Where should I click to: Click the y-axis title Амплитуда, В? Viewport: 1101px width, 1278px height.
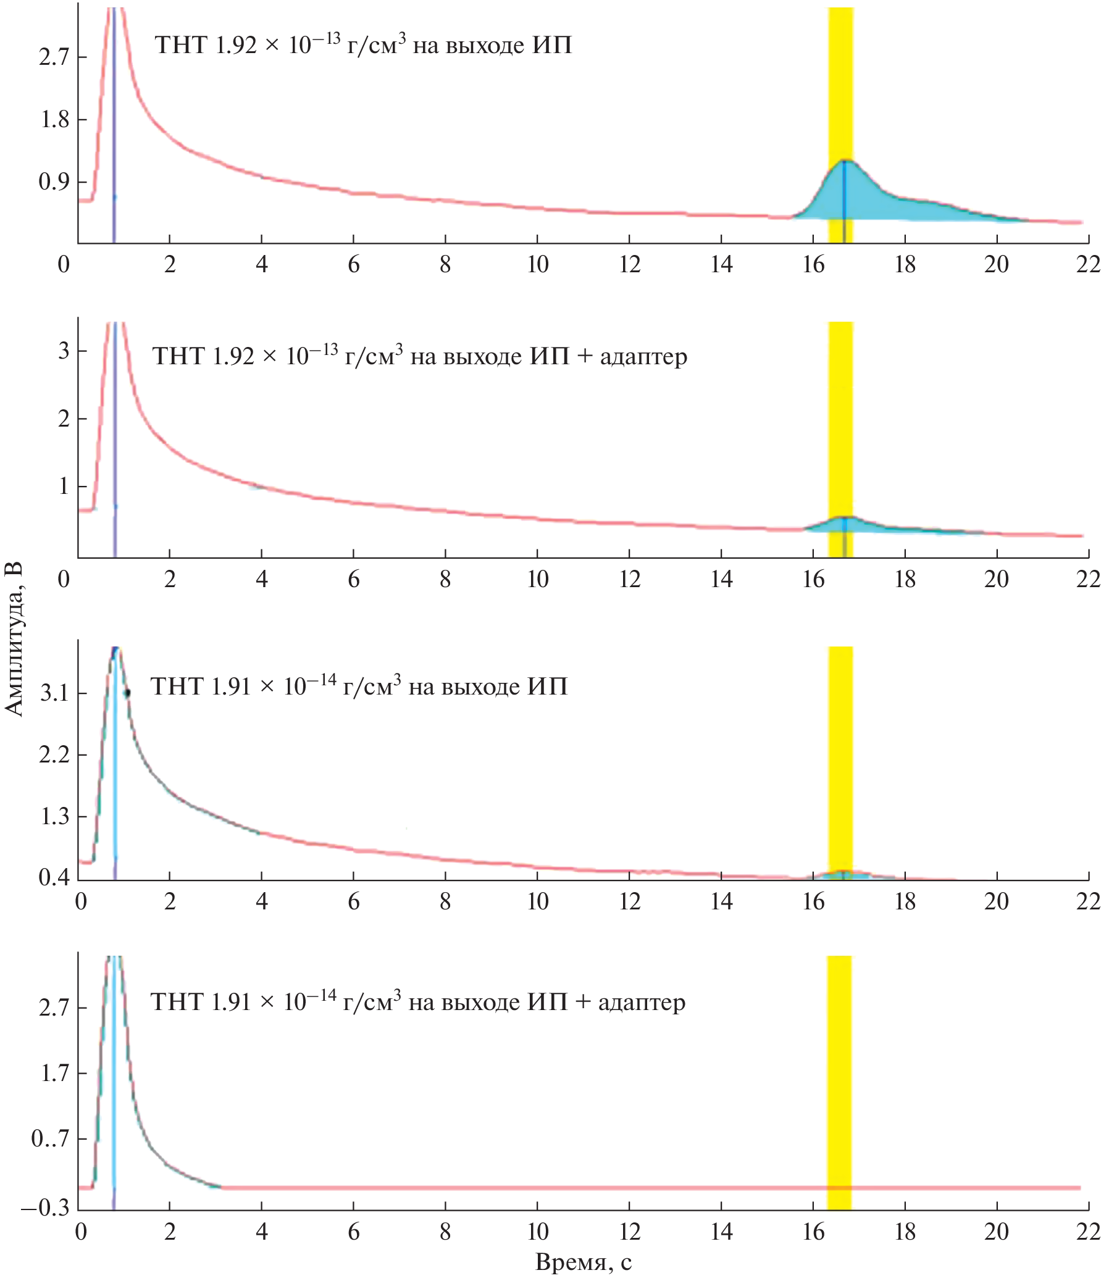point(14,639)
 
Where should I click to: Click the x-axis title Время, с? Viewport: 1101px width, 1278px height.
point(584,1262)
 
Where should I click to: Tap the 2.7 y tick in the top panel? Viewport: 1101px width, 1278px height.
point(54,57)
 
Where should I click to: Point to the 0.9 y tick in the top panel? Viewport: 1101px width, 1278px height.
point(54,182)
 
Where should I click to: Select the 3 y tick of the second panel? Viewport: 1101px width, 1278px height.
point(64,351)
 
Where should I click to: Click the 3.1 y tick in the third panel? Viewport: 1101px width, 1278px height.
point(54,693)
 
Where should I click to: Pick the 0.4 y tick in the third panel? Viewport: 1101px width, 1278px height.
point(54,877)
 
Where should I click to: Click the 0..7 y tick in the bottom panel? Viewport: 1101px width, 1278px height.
point(50,1138)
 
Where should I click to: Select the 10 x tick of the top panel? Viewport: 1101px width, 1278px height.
point(537,265)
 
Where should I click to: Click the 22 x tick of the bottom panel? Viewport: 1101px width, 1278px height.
point(1088,1232)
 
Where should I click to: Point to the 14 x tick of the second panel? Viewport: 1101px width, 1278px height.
point(721,579)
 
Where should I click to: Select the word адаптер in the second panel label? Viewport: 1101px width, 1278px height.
point(643,357)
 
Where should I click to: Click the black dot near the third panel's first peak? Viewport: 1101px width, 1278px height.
point(127,693)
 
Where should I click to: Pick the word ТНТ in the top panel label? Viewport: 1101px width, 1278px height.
point(179,46)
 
